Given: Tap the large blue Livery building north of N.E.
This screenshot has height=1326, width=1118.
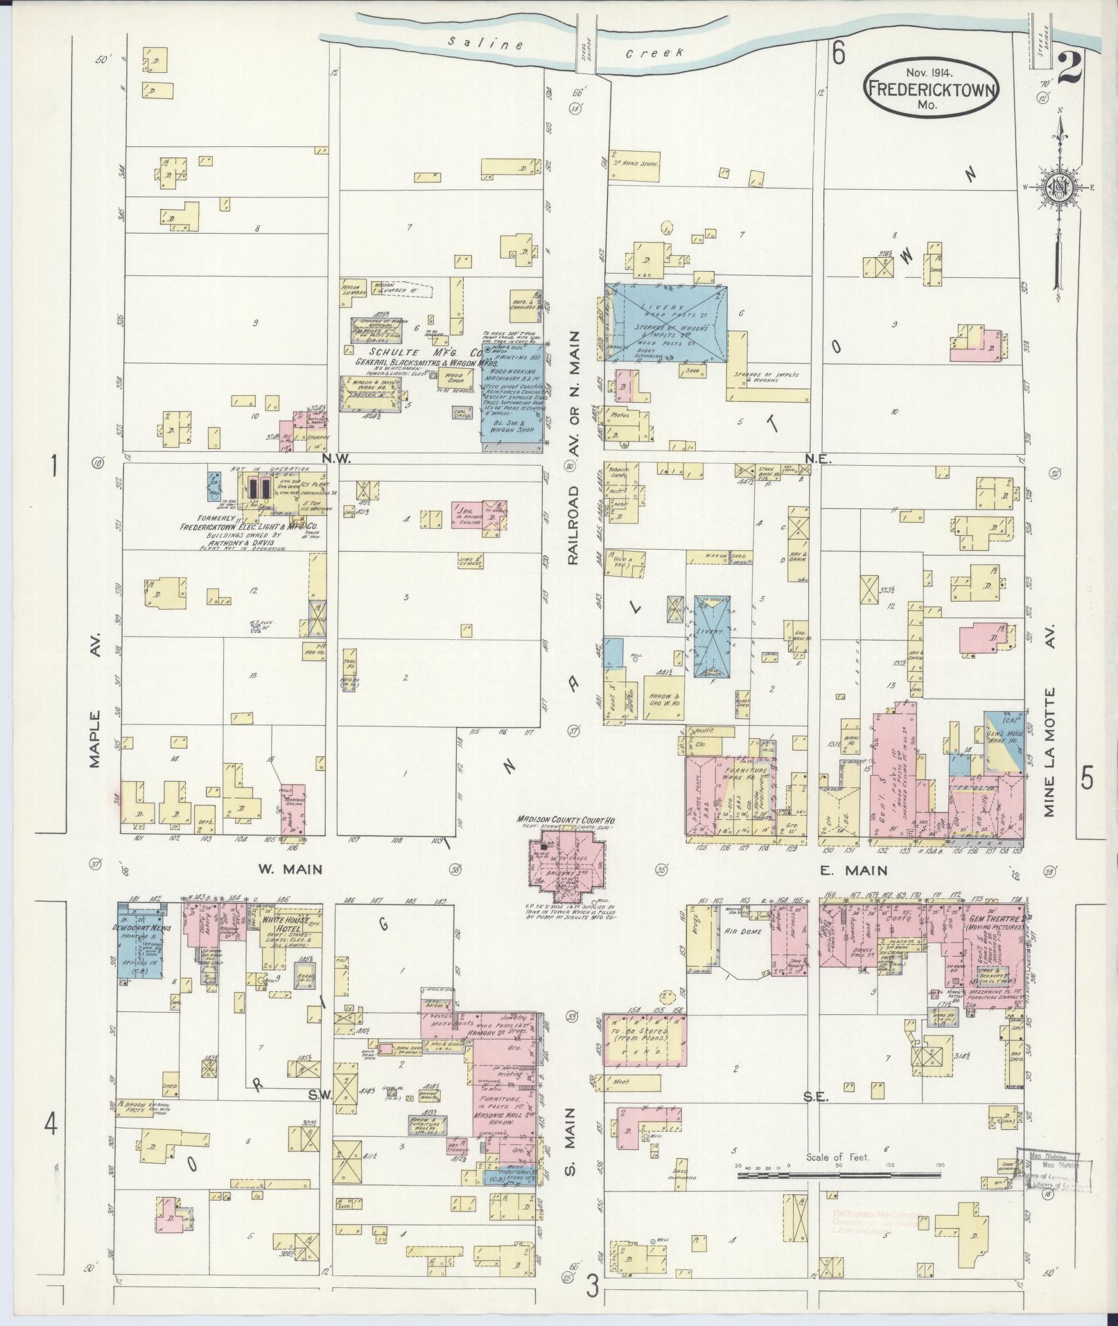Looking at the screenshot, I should pos(667,322).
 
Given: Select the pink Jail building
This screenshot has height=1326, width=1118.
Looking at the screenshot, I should pos(478,514).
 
